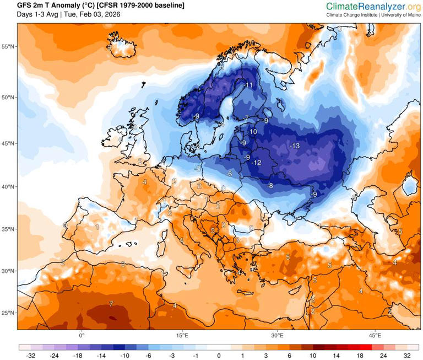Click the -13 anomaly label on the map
pyautogui.click(x=295, y=146)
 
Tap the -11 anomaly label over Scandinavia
pyautogui.click(x=248, y=85)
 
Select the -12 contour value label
pyautogui.click(x=256, y=163)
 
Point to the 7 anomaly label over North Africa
pyautogui.click(x=111, y=304)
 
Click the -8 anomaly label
pyautogui.click(x=270, y=186)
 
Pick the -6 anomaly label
pyautogui.click(x=229, y=174)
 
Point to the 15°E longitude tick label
pyautogui.click(x=182, y=335)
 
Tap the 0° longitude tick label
pyautogui.click(x=82, y=335)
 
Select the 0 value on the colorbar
pyautogui.click(x=219, y=356)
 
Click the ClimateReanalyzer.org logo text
pyautogui.click(x=373, y=6)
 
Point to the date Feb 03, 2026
pyautogui.click(x=99, y=14)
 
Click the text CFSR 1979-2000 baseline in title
pyautogui.click(x=140, y=5)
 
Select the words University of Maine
pyautogui.click(x=398, y=15)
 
